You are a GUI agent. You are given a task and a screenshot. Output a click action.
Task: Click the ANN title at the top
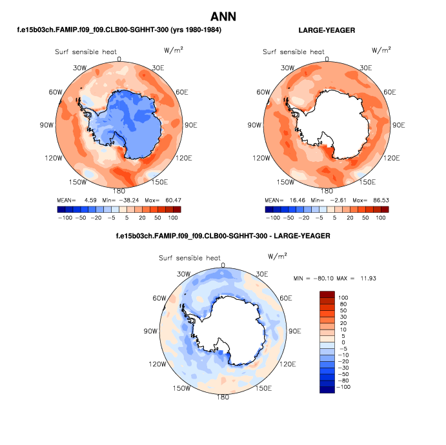tap(223, 16)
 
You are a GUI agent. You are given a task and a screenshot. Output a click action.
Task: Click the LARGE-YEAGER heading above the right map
tap(327, 30)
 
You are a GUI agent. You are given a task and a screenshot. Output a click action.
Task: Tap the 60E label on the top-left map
tap(181, 93)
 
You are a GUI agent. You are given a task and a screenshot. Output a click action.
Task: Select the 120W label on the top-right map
tap(261, 158)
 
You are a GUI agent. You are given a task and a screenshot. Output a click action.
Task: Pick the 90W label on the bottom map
tap(150, 331)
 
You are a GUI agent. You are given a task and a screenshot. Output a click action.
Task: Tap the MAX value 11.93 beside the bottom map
tap(363, 277)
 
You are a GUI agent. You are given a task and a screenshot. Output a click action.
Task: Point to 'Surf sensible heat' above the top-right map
tap(293, 52)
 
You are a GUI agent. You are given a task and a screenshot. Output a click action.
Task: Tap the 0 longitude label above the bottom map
tap(223, 265)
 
